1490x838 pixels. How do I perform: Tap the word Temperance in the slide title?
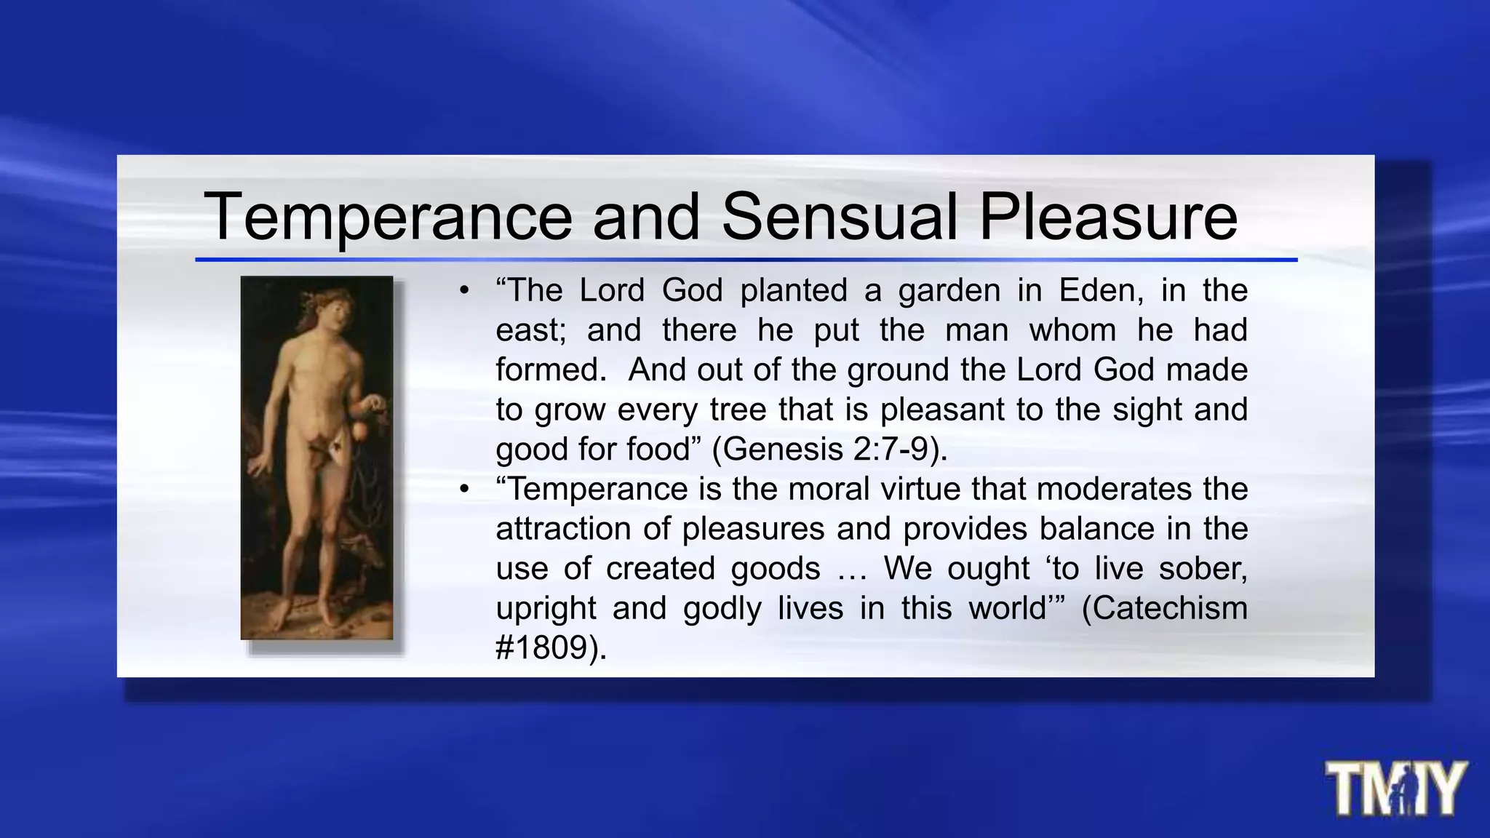(x=388, y=216)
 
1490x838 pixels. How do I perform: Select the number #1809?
(x=541, y=647)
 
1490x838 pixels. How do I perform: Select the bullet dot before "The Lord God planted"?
(x=464, y=291)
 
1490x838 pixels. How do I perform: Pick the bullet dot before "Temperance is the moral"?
(x=464, y=489)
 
